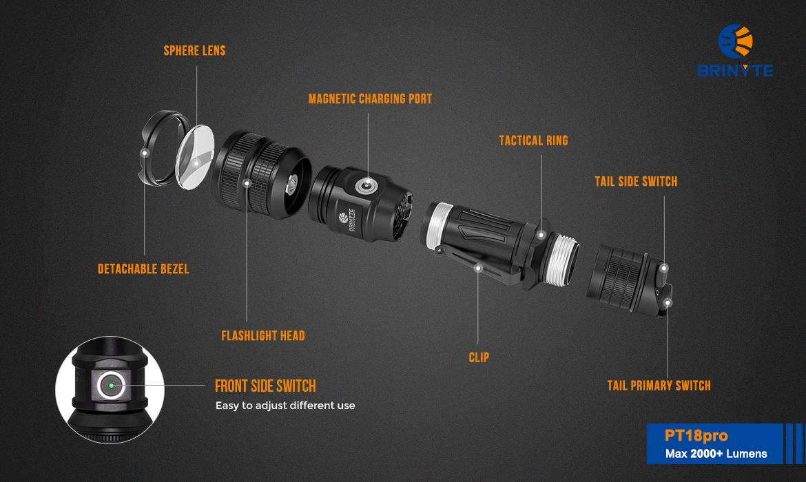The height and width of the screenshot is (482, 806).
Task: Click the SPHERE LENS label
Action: (194, 51)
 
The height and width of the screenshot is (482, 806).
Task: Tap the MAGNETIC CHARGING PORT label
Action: (370, 99)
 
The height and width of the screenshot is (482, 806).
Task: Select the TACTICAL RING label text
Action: (534, 140)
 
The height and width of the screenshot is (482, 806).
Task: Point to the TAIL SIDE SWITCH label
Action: (636, 181)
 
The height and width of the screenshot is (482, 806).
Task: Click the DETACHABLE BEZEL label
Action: (143, 269)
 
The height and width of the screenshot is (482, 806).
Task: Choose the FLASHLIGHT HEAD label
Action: (262, 336)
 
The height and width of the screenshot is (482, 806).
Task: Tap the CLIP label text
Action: (479, 357)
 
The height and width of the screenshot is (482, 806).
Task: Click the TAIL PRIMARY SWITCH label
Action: (659, 386)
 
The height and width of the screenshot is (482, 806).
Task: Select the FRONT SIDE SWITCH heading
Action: (265, 386)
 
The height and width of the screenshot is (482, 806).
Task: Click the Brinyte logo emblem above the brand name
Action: (735, 41)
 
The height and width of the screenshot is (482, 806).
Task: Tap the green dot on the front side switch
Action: (111, 386)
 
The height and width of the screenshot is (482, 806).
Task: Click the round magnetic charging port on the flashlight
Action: (366, 185)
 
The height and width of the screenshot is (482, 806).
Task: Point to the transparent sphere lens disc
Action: (195, 156)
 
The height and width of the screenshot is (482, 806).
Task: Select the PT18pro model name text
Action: (696, 436)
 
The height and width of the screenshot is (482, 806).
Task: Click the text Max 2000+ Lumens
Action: (716, 454)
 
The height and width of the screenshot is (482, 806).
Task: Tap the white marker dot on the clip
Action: (478, 269)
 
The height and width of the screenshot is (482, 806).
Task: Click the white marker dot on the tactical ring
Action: (541, 235)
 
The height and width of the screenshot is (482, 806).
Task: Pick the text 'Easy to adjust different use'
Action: (285, 406)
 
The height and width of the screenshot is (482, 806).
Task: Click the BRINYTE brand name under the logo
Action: (735, 70)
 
